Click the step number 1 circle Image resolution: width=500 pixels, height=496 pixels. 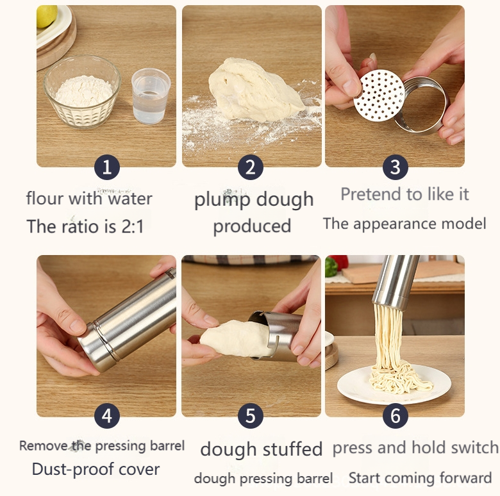(107, 167)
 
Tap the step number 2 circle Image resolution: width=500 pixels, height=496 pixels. (250, 167)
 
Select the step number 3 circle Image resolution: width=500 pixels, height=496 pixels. (396, 167)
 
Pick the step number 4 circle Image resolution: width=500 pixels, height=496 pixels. (107, 416)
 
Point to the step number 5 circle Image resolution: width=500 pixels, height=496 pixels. (250, 416)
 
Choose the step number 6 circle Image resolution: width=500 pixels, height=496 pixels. (396, 416)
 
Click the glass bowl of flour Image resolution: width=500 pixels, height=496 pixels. (82, 92)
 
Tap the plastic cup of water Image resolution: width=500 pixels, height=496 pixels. (151, 96)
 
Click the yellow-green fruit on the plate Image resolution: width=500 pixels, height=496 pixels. (47, 16)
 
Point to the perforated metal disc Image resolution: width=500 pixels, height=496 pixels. (379, 95)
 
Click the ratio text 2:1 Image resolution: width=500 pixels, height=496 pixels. (133, 227)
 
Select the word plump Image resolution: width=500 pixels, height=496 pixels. (222, 200)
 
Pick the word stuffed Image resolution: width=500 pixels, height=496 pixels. (292, 449)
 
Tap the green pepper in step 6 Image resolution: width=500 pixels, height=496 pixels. (331, 267)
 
